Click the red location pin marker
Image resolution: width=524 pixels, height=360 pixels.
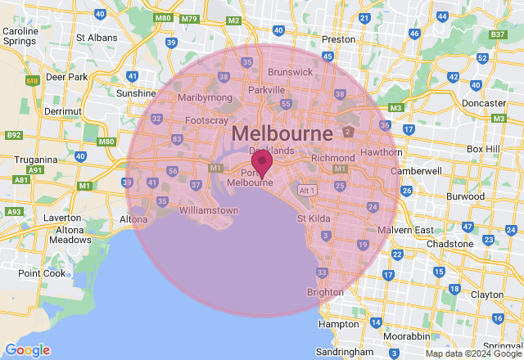[x=262, y=163]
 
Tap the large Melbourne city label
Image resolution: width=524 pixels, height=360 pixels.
[x=282, y=133]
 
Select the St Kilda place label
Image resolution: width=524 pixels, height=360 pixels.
[x=314, y=218]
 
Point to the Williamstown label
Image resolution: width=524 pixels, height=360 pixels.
[x=208, y=210]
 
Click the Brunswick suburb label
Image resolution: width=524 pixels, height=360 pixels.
[x=290, y=72]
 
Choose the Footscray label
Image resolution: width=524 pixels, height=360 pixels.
[x=206, y=120]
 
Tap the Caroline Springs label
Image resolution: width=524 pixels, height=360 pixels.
[x=21, y=37]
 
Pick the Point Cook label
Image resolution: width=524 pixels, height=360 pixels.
[x=41, y=273]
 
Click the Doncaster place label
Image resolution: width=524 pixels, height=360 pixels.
[x=483, y=104]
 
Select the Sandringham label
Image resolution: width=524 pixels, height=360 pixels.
[x=346, y=350]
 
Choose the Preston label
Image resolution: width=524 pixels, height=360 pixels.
[x=338, y=38]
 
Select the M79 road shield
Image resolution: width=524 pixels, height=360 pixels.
[x=190, y=18]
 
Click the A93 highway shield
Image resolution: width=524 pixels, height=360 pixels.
[x=14, y=212]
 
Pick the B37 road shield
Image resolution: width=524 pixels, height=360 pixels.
[x=496, y=34]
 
